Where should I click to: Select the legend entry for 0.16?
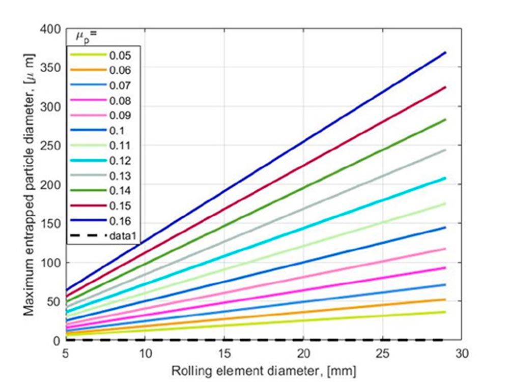(120, 221)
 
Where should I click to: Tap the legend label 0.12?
(120, 161)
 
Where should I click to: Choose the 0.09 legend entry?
(120, 115)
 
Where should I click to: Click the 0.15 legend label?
(120, 206)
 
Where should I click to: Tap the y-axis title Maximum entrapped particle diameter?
(30, 185)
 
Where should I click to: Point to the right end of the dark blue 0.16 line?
(445, 52)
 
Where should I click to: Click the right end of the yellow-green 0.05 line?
(445, 312)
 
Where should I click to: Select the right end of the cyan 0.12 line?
(445, 178)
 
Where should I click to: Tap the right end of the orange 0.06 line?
(445, 300)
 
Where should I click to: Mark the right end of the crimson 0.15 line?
(445, 87)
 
